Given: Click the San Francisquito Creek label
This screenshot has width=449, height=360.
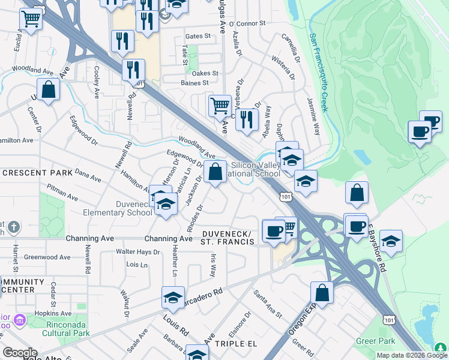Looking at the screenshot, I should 318,72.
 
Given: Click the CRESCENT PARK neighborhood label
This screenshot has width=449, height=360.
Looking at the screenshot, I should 37,173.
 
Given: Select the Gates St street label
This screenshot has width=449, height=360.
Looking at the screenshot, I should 199,36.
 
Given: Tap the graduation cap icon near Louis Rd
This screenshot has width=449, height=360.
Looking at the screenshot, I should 173,298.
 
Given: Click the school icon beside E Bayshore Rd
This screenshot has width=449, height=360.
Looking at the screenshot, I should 391,241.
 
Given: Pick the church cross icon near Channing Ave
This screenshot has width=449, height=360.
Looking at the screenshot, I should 15,227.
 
